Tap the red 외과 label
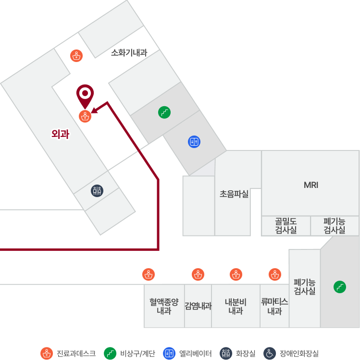coord(60,134)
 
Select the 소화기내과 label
coord(129,52)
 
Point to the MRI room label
coord(311,185)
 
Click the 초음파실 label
coord(234,194)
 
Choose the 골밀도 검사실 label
coord(286,225)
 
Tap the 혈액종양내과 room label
coord(164,306)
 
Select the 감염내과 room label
coord(198,306)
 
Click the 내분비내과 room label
coord(236,306)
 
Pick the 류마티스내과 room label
coord(274,306)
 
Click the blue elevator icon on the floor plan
coord(194,142)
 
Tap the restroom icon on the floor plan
coord(97,190)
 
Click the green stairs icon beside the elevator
coord(164,112)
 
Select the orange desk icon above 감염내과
coord(198,274)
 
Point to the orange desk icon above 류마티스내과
coord(275,274)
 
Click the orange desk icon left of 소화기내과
coord(76,56)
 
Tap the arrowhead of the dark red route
coord(95,110)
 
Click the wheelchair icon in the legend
coord(270,353)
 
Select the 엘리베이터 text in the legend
coord(195,353)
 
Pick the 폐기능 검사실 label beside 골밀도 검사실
coord(335,225)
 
